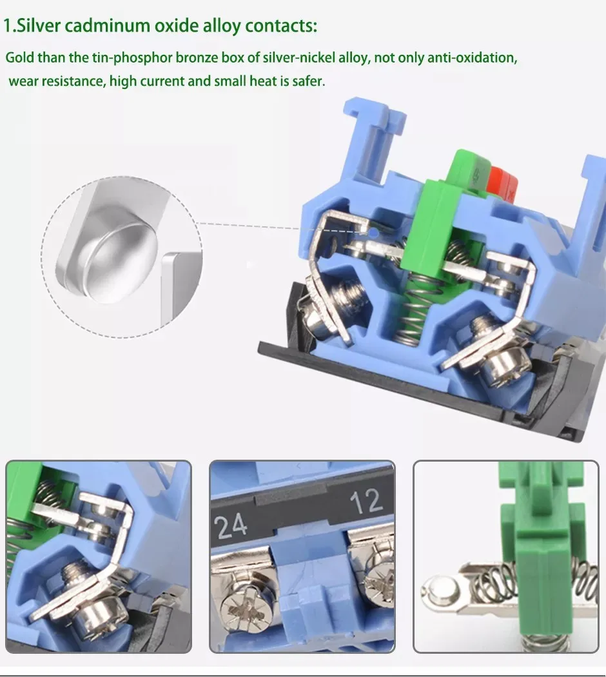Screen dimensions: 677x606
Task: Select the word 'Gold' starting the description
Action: [20, 57]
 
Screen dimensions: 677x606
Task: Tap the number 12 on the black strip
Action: [366, 501]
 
